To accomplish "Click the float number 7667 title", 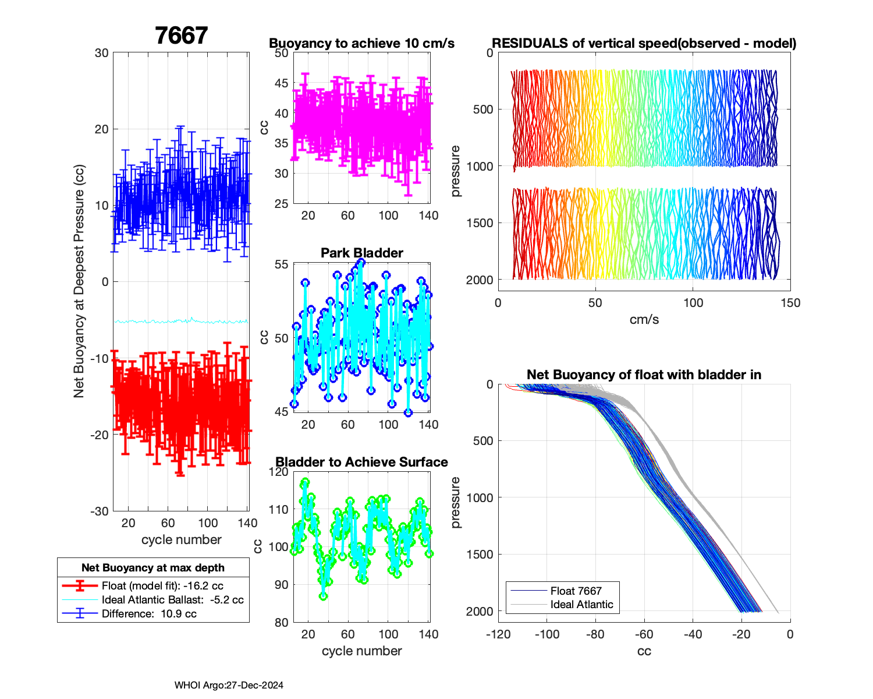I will click(x=181, y=36).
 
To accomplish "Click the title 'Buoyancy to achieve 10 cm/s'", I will click(x=361, y=44).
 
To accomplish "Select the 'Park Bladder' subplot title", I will click(x=361, y=253).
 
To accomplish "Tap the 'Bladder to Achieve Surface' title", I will click(x=361, y=462).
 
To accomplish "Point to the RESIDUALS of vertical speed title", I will click(x=644, y=44).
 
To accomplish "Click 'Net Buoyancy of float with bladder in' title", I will click(x=644, y=375).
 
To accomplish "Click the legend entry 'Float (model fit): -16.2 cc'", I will click(x=162, y=586).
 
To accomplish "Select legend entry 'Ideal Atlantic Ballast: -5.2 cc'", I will click(x=172, y=600).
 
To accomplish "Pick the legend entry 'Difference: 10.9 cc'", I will click(x=149, y=614).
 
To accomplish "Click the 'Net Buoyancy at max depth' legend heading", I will click(x=153, y=567).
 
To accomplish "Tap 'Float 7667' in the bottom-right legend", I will click(x=576, y=591).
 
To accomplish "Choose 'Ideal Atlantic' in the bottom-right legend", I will click(x=581, y=605).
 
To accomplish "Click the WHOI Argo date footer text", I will click(x=229, y=686).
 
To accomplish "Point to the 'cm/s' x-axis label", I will click(x=644, y=319).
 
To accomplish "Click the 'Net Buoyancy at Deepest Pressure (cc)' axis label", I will click(x=79, y=282).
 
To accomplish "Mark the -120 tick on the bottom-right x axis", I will click(x=498, y=634).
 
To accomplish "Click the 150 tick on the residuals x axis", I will click(x=790, y=303).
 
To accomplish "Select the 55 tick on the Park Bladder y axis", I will click(x=281, y=264).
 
